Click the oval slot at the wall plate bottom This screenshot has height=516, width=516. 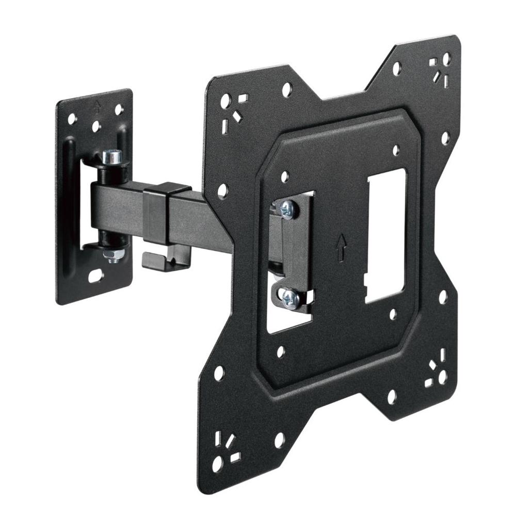[x=96, y=276]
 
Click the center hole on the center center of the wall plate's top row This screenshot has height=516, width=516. [x=95, y=125]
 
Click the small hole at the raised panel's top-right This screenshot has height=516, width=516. [x=396, y=150]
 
